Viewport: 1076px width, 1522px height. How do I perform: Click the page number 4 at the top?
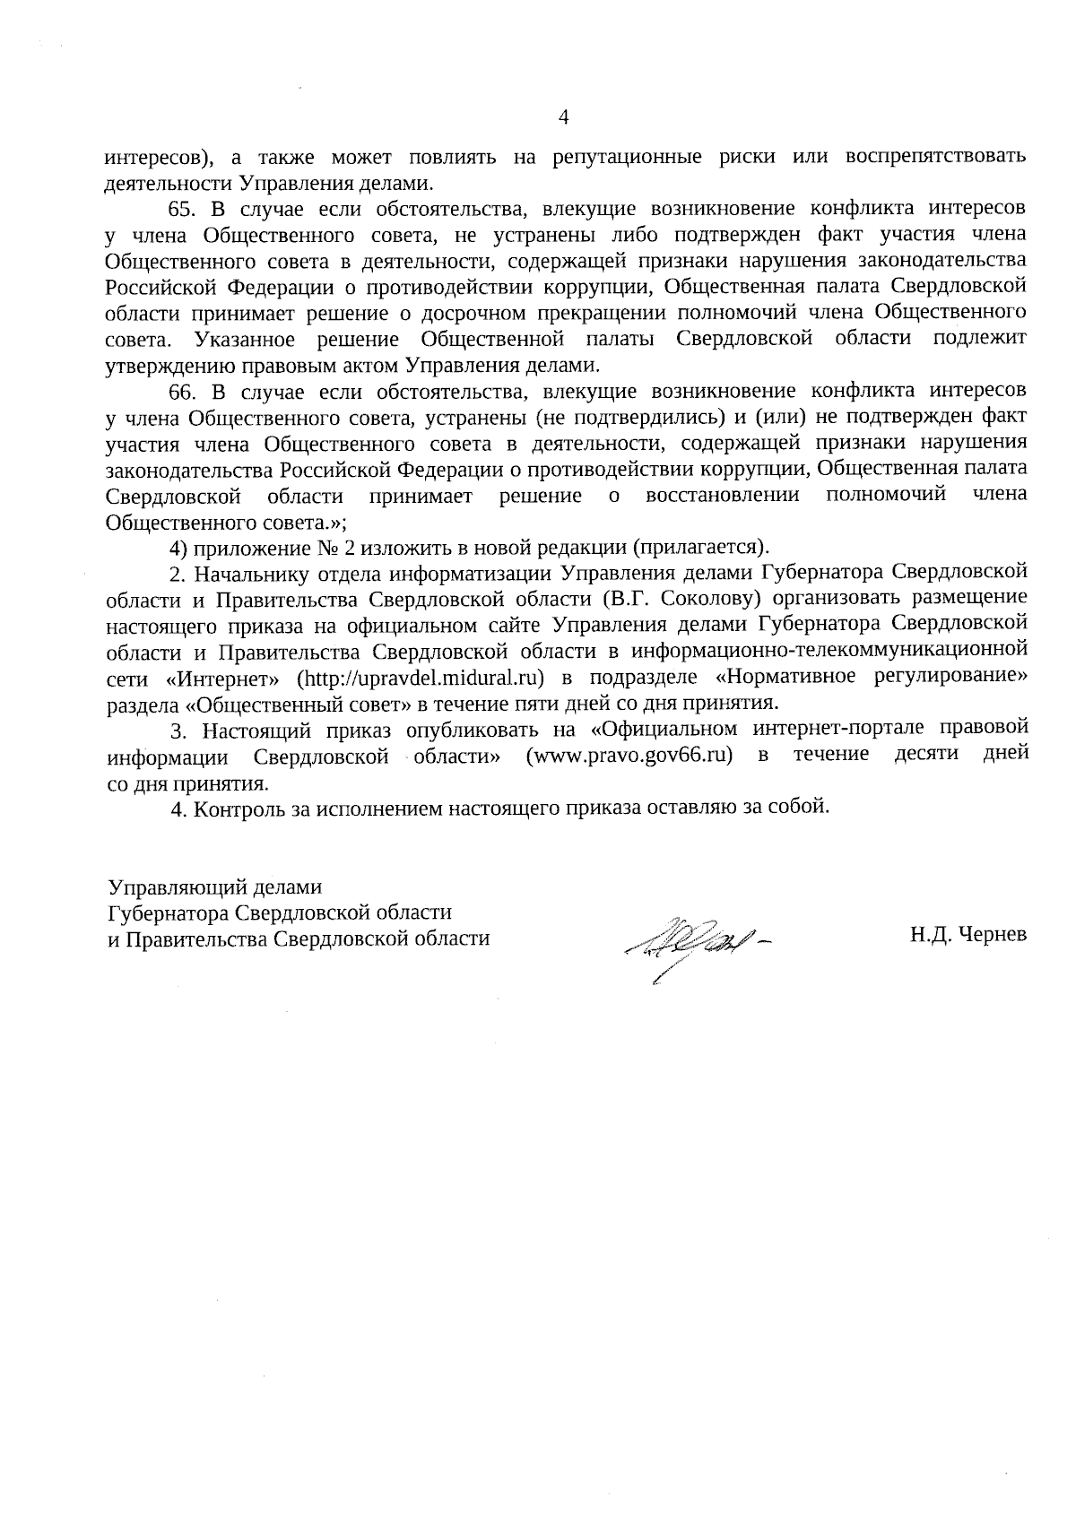coord(563,117)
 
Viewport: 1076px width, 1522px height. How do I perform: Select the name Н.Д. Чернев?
coord(968,936)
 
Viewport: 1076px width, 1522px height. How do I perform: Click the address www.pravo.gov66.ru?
coord(629,755)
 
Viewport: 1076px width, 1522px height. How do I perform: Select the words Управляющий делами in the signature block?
coord(214,887)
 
